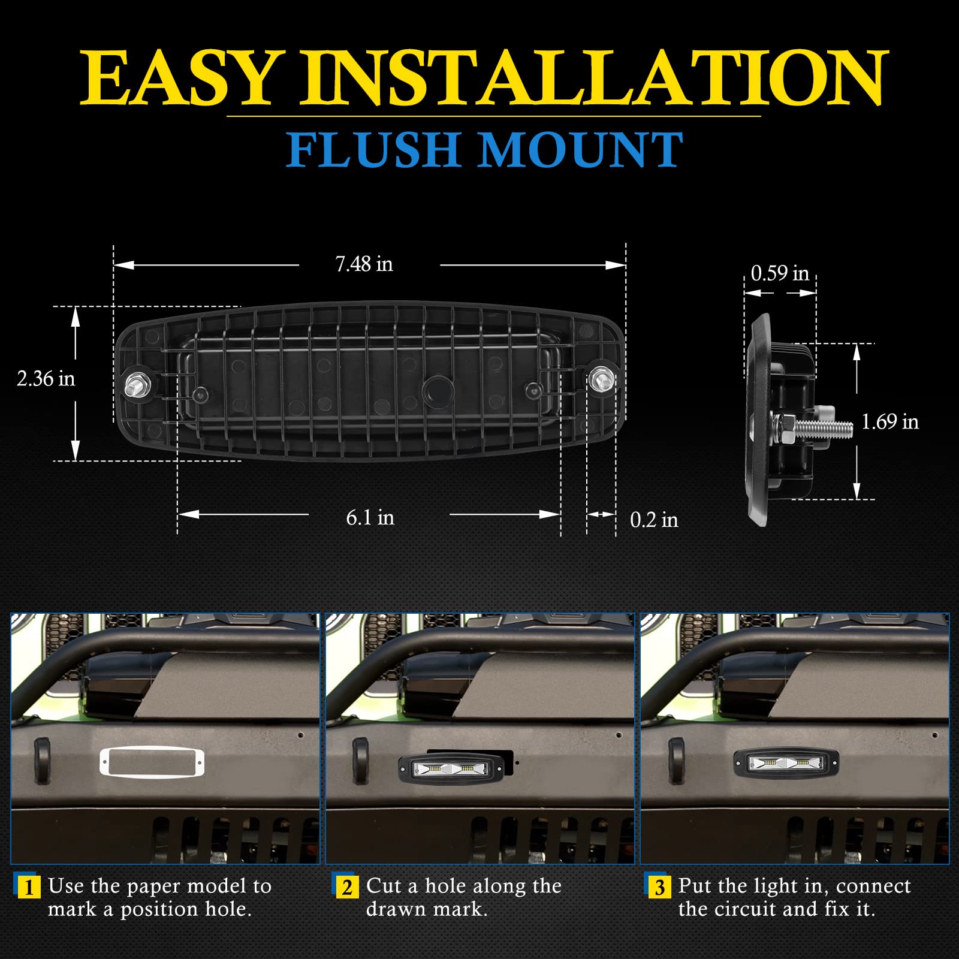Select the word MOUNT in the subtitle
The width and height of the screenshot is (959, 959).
click(x=580, y=150)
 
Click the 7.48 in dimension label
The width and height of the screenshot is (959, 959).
click(x=364, y=264)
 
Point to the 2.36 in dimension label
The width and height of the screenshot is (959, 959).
click(x=46, y=379)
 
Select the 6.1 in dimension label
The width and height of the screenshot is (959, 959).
click(x=370, y=518)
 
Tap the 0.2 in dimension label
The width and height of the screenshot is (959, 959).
click(x=653, y=520)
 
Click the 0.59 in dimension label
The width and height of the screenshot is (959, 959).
click(x=779, y=274)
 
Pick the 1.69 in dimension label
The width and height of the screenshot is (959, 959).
click(x=889, y=422)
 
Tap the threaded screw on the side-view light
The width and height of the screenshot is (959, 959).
click(x=824, y=427)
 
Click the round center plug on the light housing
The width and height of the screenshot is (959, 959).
click(x=438, y=391)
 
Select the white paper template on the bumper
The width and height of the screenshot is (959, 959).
click(x=152, y=762)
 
